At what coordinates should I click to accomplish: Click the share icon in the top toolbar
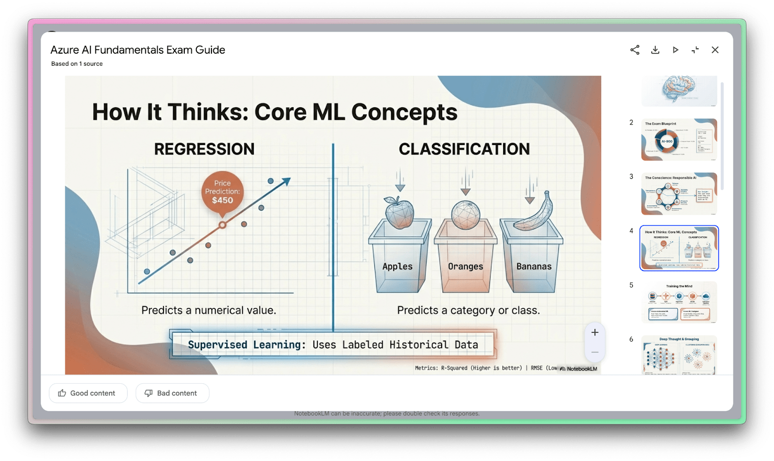(635, 50)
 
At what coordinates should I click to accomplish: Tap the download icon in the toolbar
(655, 50)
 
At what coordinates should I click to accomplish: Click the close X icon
(715, 50)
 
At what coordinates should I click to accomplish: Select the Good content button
(88, 393)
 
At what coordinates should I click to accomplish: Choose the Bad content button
(172, 393)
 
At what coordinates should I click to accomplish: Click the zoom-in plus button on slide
(595, 332)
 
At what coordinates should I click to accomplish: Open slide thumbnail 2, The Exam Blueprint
(679, 140)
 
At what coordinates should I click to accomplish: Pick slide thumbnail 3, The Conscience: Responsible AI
(679, 194)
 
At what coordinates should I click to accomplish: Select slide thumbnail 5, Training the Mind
(679, 302)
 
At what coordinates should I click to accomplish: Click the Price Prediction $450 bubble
(223, 192)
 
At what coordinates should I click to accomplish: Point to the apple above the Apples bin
(399, 212)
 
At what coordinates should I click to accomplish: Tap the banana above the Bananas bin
(535, 212)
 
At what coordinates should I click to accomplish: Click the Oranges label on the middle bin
(465, 266)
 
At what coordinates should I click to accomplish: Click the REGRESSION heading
(204, 149)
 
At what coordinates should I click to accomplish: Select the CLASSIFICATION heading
(464, 149)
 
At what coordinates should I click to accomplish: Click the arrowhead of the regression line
(286, 181)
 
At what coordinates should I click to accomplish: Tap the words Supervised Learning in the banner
(247, 345)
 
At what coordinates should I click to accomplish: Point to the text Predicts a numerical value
(208, 310)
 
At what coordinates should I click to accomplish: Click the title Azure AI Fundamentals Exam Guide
(138, 50)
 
